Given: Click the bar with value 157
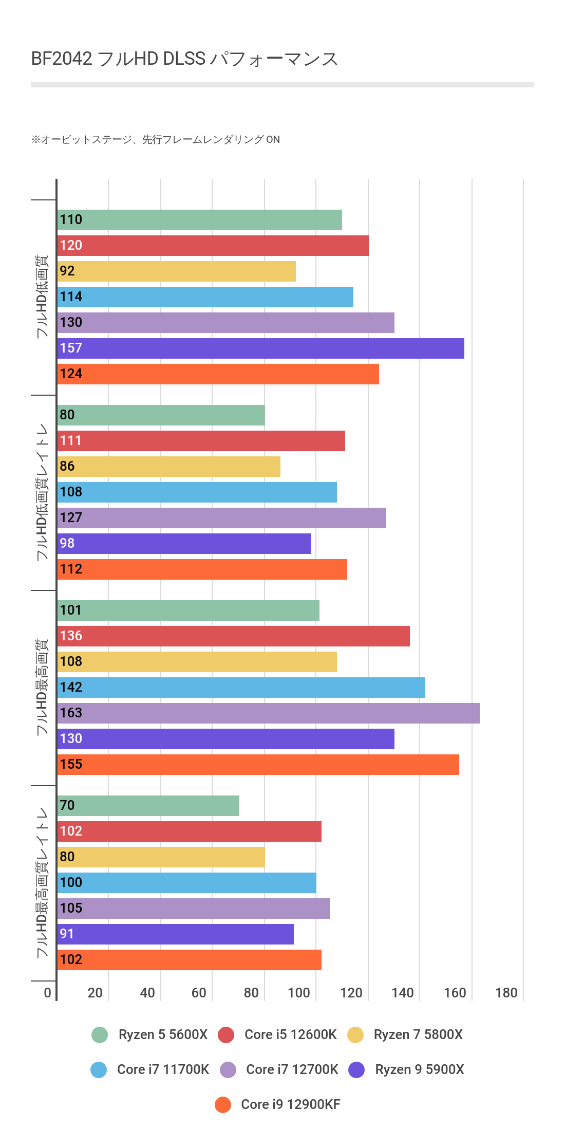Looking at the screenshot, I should [260, 348].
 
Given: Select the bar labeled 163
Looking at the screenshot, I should [268, 713].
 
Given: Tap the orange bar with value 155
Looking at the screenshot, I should [258, 765].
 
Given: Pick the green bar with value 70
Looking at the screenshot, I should [148, 806].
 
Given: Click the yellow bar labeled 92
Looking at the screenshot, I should [176, 271].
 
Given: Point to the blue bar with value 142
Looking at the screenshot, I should [241, 688].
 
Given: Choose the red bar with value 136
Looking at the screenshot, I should [233, 636].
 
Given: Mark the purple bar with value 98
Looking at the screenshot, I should [184, 544].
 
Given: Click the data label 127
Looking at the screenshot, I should [71, 517].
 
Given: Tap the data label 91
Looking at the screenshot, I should [67, 934].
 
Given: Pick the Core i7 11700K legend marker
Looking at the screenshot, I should [99, 1070].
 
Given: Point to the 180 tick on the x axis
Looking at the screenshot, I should [506, 993].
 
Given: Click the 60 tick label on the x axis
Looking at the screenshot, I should [199, 993].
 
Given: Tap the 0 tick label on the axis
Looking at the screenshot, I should [48, 993].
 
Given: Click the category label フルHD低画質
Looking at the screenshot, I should [42, 297].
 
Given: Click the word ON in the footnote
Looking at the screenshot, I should [273, 140].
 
